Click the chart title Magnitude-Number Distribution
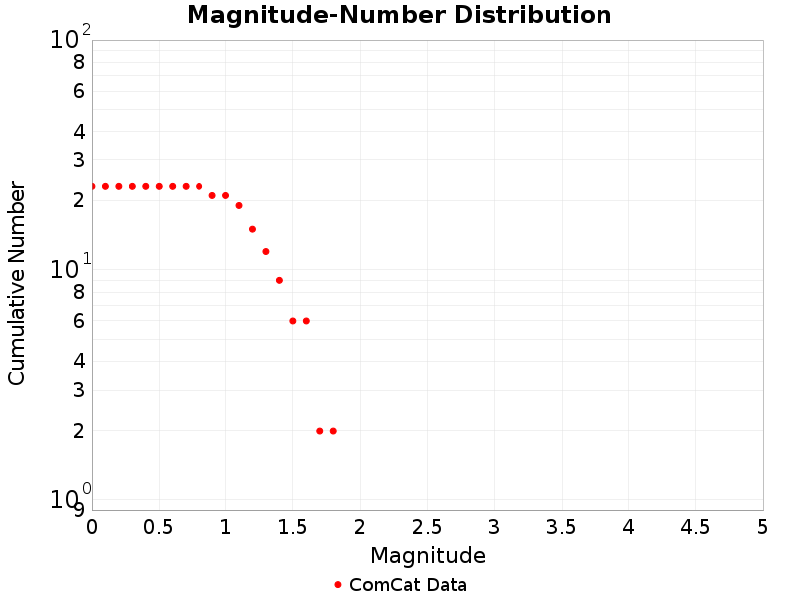click(x=399, y=15)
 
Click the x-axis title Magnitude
click(x=427, y=555)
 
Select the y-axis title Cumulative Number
click(x=17, y=283)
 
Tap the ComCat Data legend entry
click(x=399, y=585)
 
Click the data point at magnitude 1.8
click(x=333, y=431)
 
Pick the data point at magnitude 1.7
click(x=319, y=431)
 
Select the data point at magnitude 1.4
click(x=279, y=280)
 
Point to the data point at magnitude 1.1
click(x=239, y=205)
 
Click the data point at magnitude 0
click(x=92, y=186)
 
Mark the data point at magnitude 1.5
click(x=293, y=321)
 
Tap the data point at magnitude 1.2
click(x=252, y=229)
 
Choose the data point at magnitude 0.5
click(x=159, y=186)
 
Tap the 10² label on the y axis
click(x=70, y=39)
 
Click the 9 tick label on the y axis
click(x=79, y=510)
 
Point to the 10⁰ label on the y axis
click(x=70, y=497)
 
